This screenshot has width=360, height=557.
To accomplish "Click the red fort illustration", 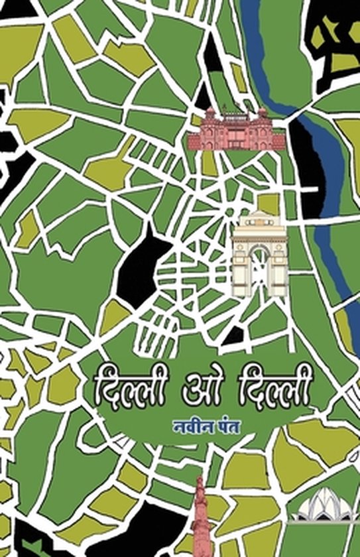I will (229, 129).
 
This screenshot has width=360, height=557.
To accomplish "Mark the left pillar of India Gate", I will (239, 265).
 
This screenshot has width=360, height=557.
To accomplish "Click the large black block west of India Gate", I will (143, 262).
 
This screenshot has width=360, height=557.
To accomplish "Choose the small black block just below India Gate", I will (233, 336).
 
